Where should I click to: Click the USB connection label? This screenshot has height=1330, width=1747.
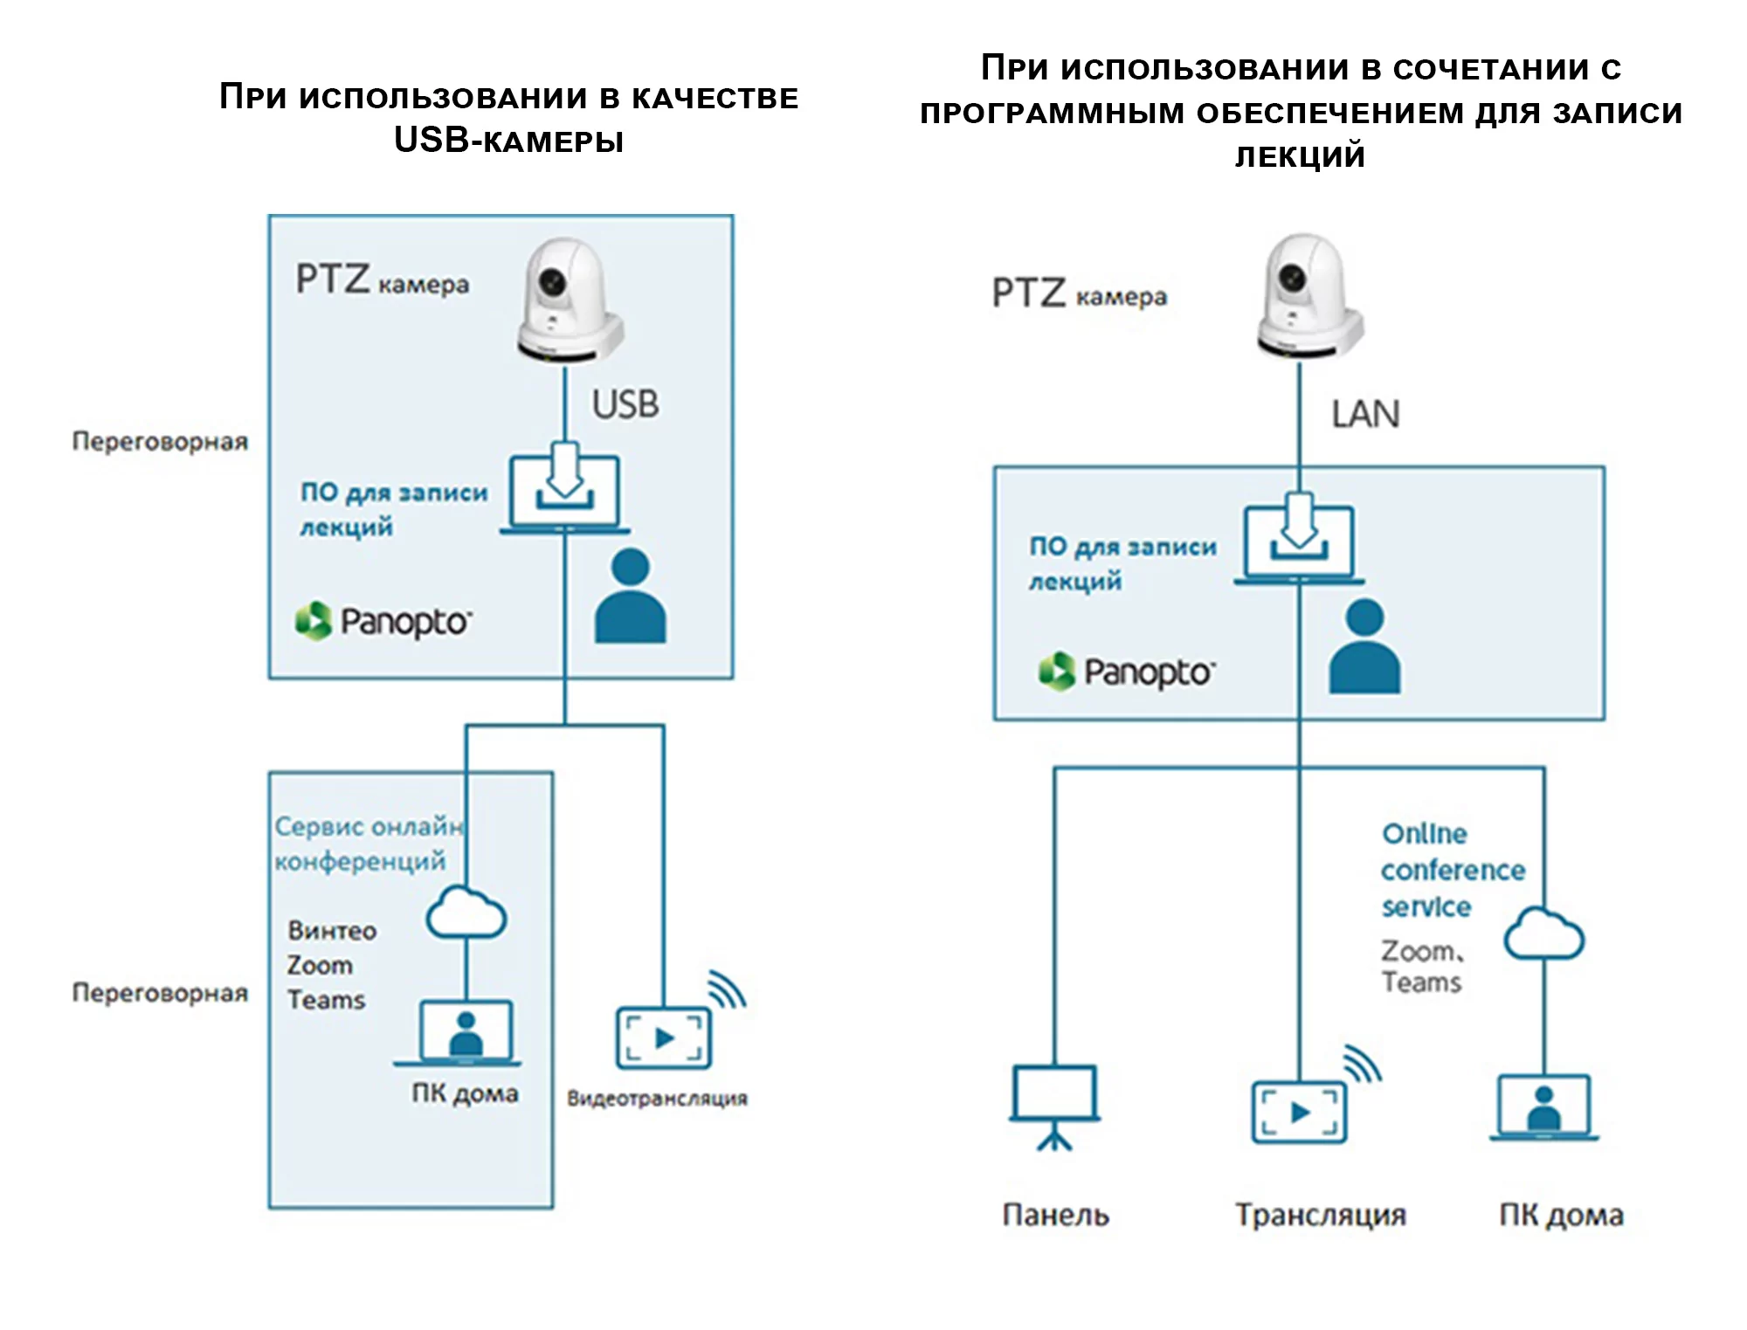(x=625, y=404)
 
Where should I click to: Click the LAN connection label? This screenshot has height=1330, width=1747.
(x=1365, y=414)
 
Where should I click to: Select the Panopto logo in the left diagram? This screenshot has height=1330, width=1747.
(x=383, y=621)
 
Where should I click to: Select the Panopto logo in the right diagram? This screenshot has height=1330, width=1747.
(x=1127, y=672)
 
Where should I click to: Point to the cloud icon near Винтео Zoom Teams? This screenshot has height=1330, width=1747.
(x=466, y=913)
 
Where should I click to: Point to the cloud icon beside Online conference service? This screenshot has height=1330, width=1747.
(x=1543, y=934)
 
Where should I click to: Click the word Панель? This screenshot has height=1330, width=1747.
(x=1055, y=1215)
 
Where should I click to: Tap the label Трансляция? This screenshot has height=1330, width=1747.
(x=1320, y=1215)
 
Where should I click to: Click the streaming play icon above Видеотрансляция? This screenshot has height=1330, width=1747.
(x=665, y=1037)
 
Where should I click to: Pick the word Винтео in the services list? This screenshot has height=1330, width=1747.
(x=332, y=931)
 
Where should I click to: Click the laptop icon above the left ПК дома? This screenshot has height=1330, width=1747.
(x=465, y=1034)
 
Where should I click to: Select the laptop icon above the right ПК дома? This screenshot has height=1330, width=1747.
(x=1543, y=1108)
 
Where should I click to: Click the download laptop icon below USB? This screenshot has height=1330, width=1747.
(x=565, y=492)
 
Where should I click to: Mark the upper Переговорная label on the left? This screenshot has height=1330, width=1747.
(x=160, y=442)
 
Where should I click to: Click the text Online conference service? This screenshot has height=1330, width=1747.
(x=1453, y=870)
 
